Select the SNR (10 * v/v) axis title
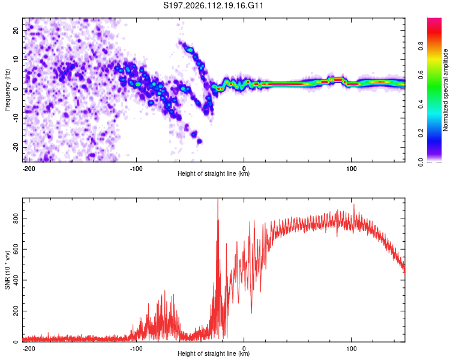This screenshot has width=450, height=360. (x=7, y=269)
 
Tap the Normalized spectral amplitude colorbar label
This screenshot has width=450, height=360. (x=446, y=90)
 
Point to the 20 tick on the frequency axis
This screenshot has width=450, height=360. (x=16, y=30)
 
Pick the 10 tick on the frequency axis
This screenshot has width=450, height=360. (x=16, y=59)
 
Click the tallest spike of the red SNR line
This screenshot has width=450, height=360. (x=218, y=200)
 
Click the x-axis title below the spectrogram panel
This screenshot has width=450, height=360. (x=214, y=174)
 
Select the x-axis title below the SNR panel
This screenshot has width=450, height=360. (x=214, y=354)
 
